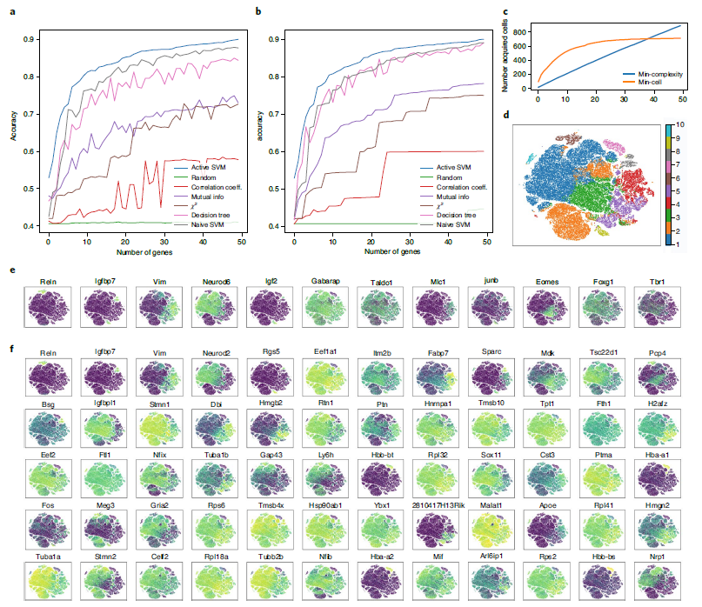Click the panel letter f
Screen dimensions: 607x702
point(10,348)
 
